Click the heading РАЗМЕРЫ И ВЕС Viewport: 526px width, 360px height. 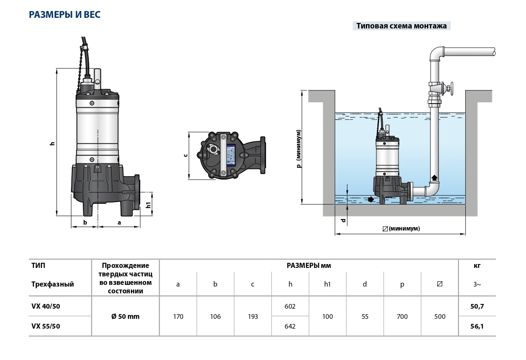point(65,14)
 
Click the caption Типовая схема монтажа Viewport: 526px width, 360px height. point(402,26)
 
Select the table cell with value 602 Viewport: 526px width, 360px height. point(290,306)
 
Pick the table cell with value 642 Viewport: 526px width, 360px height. point(290,326)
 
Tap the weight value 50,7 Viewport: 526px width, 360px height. point(477,307)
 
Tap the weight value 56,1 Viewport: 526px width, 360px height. point(477,326)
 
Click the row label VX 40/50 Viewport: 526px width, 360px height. point(46,306)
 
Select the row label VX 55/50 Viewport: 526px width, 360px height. point(46,326)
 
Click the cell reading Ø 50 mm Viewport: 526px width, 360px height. point(125,317)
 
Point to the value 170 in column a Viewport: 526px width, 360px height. point(178,317)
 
